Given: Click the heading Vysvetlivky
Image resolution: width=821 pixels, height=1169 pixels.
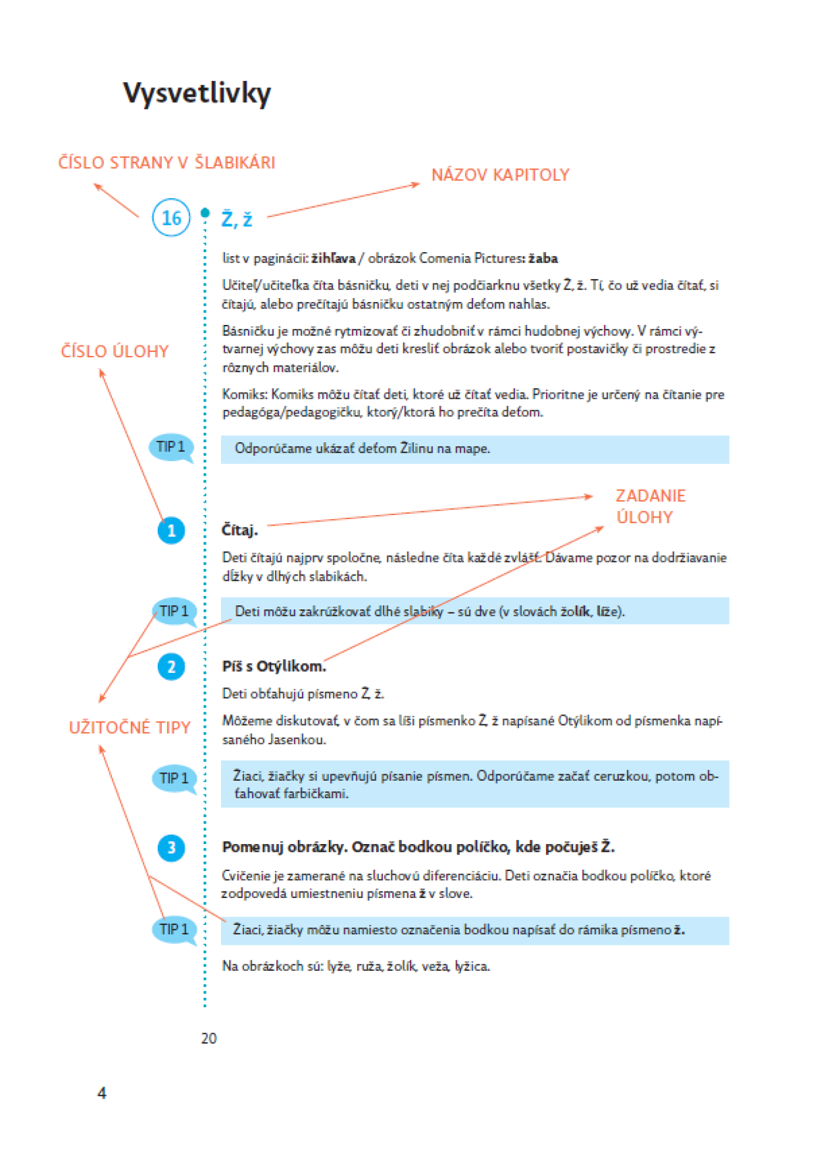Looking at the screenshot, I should (x=197, y=93).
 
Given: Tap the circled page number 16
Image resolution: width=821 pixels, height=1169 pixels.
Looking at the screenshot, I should (x=171, y=218).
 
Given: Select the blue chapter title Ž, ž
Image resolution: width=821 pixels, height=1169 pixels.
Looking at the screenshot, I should (x=237, y=219).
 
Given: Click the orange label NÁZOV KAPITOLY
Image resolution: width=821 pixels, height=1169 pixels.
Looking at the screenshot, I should (x=500, y=175).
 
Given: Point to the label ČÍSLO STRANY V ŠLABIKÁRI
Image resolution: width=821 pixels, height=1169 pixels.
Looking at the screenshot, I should (x=167, y=162).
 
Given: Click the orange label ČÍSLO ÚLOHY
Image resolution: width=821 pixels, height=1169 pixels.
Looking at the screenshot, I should (x=115, y=351).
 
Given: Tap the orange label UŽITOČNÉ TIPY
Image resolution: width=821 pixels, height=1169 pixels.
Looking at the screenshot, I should (x=130, y=727).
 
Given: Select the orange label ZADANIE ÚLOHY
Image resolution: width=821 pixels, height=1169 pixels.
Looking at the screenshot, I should (x=650, y=506).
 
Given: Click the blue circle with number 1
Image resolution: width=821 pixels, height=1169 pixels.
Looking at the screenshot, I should (x=171, y=530).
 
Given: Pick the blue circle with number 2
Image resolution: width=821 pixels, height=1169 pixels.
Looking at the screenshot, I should (x=171, y=667).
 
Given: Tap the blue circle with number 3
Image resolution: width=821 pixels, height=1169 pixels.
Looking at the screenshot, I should (x=171, y=848).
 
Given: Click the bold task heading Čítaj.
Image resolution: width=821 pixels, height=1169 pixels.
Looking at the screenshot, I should (x=239, y=530).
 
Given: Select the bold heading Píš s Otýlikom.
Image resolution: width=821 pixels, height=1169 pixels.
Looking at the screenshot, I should (x=274, y=666).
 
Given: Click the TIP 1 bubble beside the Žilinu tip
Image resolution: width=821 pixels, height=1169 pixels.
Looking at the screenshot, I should (x=171, y=448).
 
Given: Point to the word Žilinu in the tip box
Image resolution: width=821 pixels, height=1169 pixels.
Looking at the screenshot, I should (x=417, y=449).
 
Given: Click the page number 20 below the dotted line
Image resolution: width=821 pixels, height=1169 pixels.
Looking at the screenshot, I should (x=209, y=1038).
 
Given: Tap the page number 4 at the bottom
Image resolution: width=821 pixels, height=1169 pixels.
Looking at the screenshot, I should (x=102, y=1093).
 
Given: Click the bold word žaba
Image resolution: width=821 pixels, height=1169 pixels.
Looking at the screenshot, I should (x=543, y=258).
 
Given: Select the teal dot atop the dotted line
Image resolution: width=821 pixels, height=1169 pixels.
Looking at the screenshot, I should (x=205, y=212).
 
